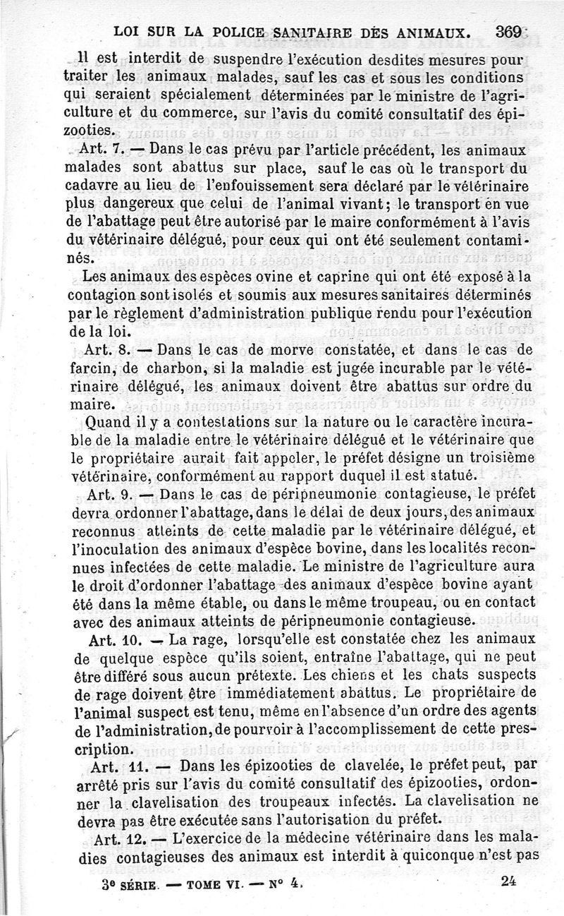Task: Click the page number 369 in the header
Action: click(x=508, y=31)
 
